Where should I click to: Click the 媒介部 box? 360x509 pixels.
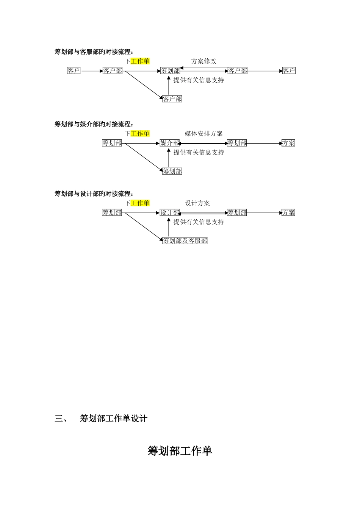click(x=170, y=143)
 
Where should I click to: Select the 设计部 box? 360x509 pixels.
click(x=170, y=212)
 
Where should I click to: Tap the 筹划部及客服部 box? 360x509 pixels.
click(x=185, y=241)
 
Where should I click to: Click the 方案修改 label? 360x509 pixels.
click(x=203, y=61)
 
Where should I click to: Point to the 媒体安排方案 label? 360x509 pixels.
click(x=203, y=134)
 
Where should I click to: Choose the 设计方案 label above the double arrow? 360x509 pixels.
click(x=197, y=203)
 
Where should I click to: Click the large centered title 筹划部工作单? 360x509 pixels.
click(x=180, y=451)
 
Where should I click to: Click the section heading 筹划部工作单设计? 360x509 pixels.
click(x=114, y=418)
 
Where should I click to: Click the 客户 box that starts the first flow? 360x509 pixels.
click(x=74, y=71)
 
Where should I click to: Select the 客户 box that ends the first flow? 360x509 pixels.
click(x=289, y=71)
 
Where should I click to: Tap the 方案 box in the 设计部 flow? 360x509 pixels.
click(x=288, y=212)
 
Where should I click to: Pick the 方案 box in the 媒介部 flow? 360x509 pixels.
click(x=288, y=143)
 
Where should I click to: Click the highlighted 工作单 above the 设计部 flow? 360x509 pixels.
click(x=140, y=203)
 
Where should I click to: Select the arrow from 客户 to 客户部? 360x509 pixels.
click(x=91, y=71)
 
